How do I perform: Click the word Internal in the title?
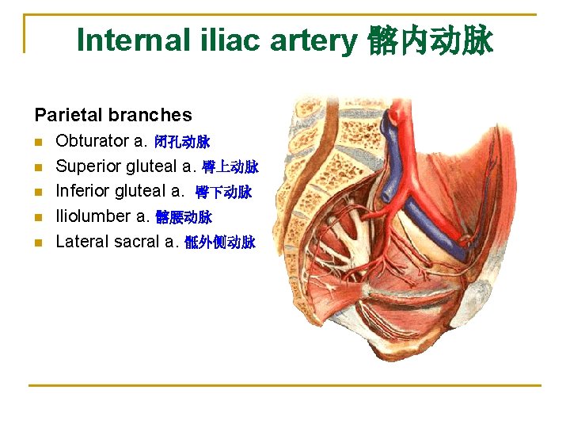[131, 40]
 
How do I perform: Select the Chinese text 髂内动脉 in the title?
[430, 40]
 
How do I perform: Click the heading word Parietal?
[67, 115]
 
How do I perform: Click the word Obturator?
[92, 141]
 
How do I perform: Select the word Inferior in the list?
[83, 191]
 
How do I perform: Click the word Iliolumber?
[93, 216]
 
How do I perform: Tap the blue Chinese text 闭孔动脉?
[183, 143]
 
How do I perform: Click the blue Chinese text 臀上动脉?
[230, 167]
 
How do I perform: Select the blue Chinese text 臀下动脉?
[223, 192]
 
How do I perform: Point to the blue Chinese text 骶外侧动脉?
[219, 243]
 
